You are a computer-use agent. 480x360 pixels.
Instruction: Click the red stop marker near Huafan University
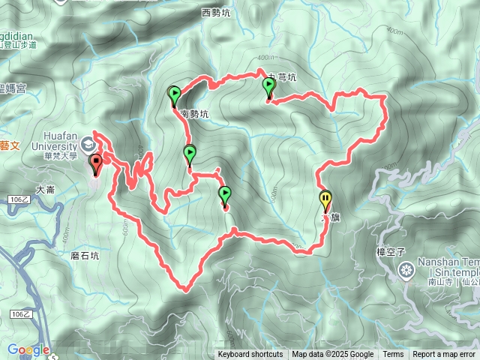click(95, 163)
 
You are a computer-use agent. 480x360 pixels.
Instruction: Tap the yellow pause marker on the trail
click(325, 200)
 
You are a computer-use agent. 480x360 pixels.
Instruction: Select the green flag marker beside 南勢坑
click(175, 95)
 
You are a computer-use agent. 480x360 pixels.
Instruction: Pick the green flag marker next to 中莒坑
click(268, 89)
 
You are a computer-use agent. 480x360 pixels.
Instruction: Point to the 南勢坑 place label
click(194, 115)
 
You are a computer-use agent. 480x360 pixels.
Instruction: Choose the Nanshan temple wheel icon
click(407, 269)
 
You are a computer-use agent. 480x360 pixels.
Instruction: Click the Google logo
click(28, 349)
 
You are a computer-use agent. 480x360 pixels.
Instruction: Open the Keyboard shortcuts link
click(250, 355)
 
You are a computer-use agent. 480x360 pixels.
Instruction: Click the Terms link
click(393, 355)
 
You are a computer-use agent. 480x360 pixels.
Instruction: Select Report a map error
click(445, 355)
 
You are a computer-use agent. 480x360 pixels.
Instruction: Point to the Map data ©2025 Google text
click(333, 355)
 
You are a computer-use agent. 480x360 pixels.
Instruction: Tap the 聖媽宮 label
click(13, 88)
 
